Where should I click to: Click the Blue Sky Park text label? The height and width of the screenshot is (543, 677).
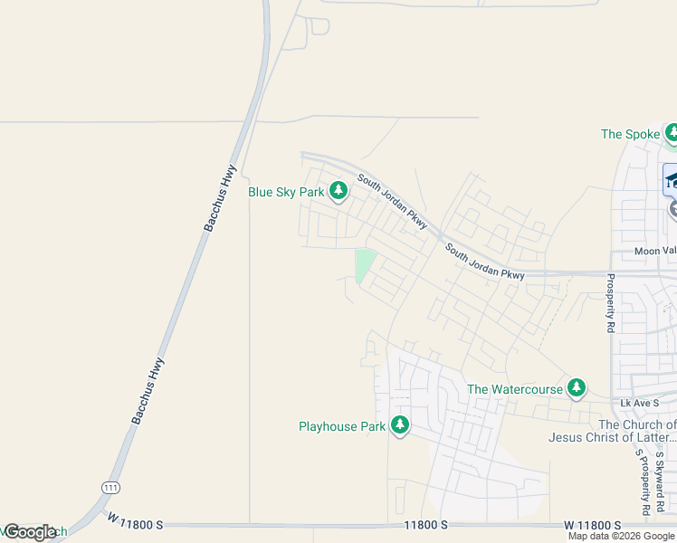286,192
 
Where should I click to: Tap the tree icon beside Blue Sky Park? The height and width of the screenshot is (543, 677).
338,191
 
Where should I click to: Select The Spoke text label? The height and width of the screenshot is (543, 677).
630,134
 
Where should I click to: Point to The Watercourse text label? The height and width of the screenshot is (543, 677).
514,389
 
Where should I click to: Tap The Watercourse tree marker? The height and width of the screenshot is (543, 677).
576,388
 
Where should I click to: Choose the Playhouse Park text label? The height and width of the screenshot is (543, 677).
342,425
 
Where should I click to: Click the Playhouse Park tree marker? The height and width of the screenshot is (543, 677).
399,425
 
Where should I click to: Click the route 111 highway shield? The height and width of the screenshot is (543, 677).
110,487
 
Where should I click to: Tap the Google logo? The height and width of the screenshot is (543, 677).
29,532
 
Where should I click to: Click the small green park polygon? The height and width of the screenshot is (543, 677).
364,265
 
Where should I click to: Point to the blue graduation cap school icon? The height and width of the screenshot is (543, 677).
671,180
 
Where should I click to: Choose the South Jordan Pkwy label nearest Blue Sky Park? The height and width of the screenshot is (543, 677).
392,199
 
